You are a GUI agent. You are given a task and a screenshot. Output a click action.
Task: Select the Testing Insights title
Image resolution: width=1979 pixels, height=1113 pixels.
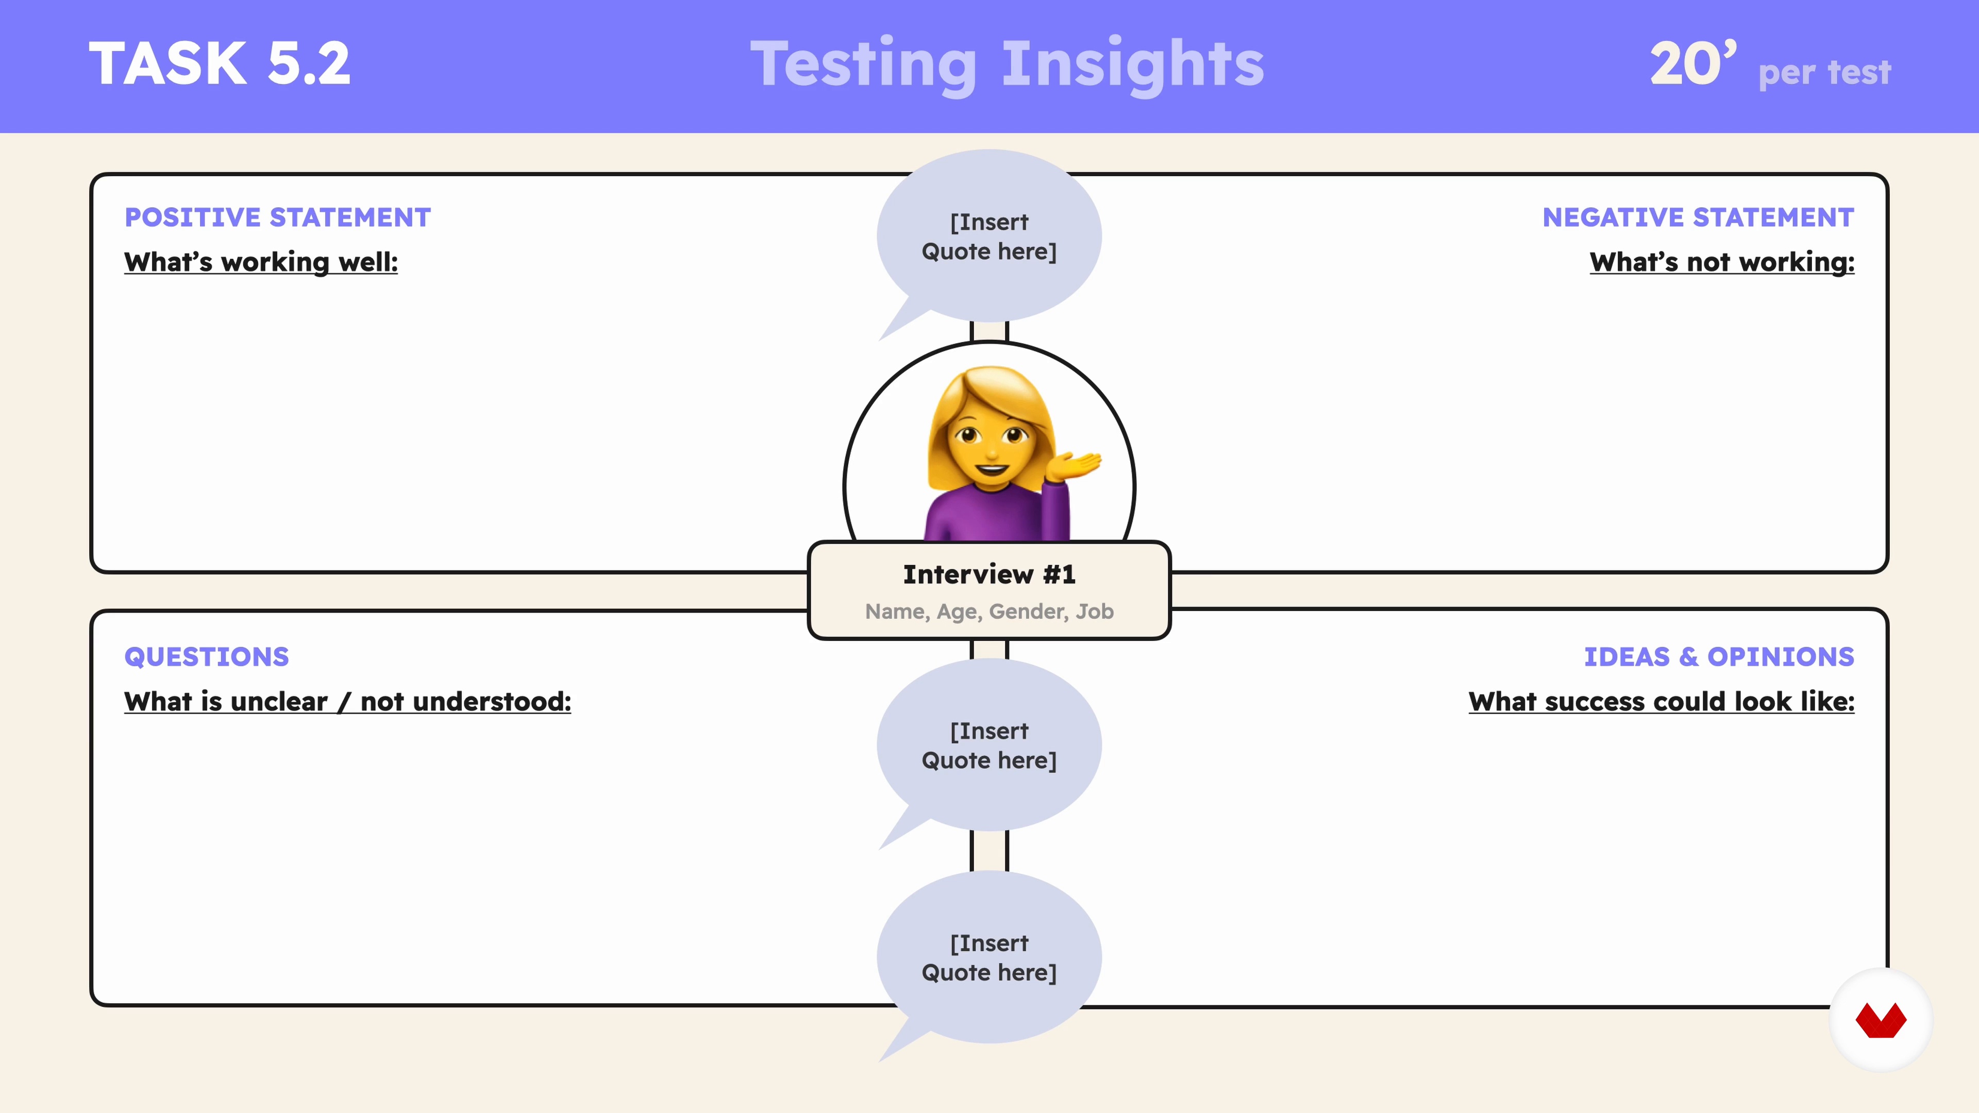coord(1007,66)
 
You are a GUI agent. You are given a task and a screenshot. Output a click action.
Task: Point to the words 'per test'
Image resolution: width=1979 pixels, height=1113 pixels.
coord(1824,72)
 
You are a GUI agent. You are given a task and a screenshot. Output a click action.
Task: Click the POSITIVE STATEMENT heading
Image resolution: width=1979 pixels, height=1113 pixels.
coord(277,217)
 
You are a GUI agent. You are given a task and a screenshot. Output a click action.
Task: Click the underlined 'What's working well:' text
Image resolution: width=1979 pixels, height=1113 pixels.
coord(261,262)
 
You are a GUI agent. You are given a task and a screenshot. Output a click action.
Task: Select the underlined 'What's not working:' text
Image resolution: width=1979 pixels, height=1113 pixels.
coord(1722,262)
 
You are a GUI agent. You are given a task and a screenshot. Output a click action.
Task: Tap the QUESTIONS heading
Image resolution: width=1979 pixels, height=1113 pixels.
coord(207,657)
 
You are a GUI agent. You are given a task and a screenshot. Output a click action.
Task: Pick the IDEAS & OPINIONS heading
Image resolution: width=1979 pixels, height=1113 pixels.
coord(1719,657)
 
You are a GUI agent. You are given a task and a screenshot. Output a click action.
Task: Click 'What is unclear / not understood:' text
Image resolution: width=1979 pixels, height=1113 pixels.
coord(348,701)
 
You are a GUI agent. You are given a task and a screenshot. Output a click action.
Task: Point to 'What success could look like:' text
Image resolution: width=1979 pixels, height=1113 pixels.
coord(1662,701)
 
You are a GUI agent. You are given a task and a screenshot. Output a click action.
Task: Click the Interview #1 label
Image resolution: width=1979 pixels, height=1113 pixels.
coord(989,575)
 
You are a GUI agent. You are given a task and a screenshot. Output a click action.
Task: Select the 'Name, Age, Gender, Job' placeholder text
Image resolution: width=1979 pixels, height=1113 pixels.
coord(989,612)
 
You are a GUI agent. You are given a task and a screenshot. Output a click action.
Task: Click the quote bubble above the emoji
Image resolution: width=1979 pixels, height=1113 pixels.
coord(989,237)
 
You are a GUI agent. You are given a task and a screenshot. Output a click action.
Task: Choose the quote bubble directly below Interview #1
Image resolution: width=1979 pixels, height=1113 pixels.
coord(989,745)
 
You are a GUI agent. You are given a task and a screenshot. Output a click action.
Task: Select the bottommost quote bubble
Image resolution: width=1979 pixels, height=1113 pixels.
coord(989,957)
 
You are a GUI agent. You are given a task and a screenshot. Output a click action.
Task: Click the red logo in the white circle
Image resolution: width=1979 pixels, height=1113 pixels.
coord(1881,1020)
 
